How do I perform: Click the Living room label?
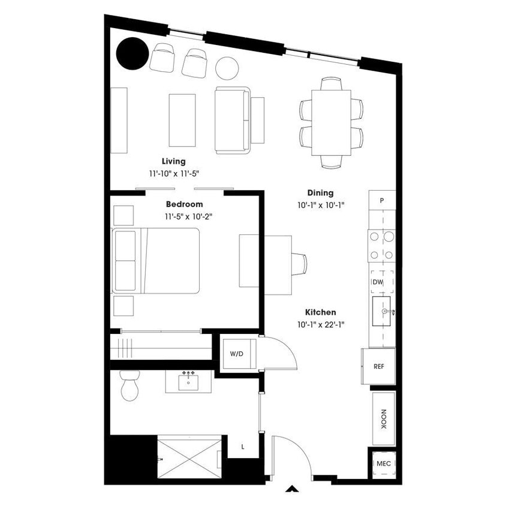click(174, 161)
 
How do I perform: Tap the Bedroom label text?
click(185, 204)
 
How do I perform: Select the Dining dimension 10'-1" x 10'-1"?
click(320, 205)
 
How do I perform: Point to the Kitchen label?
click(320, 312)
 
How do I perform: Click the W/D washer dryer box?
click(237, 354)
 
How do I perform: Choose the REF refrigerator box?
click(378, 366)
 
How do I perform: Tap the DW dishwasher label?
click(378, 281)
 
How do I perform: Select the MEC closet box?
click(383, 463)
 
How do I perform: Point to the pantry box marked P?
click(382, 200)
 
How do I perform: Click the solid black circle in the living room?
click(132, 54)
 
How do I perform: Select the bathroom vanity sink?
click(188, 382)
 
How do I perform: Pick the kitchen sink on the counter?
click(382, 312)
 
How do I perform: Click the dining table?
click(331, 122)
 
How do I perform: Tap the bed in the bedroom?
click(157, 260)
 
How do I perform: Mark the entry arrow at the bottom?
click(292, 488)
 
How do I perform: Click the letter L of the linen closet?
click(243, 446)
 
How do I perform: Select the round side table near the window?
click(227, 68)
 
